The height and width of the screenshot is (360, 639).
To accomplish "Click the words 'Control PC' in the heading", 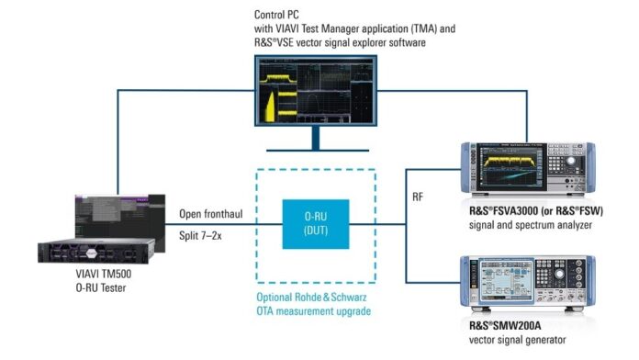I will tap(275, 16).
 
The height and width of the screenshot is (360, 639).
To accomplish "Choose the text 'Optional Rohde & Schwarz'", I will tap(317, 296).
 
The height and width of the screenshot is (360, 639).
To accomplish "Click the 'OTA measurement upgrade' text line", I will tap(317, 310).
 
